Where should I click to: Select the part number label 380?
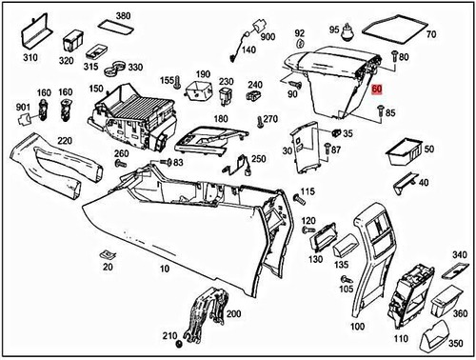tap(123, 16)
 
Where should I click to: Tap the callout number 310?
tap(30, 58)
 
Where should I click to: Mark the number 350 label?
tap(459, 342)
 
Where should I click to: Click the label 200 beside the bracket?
tap(232, 312)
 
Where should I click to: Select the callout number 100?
tap(357, 326)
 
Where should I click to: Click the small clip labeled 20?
tap(107, 255)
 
